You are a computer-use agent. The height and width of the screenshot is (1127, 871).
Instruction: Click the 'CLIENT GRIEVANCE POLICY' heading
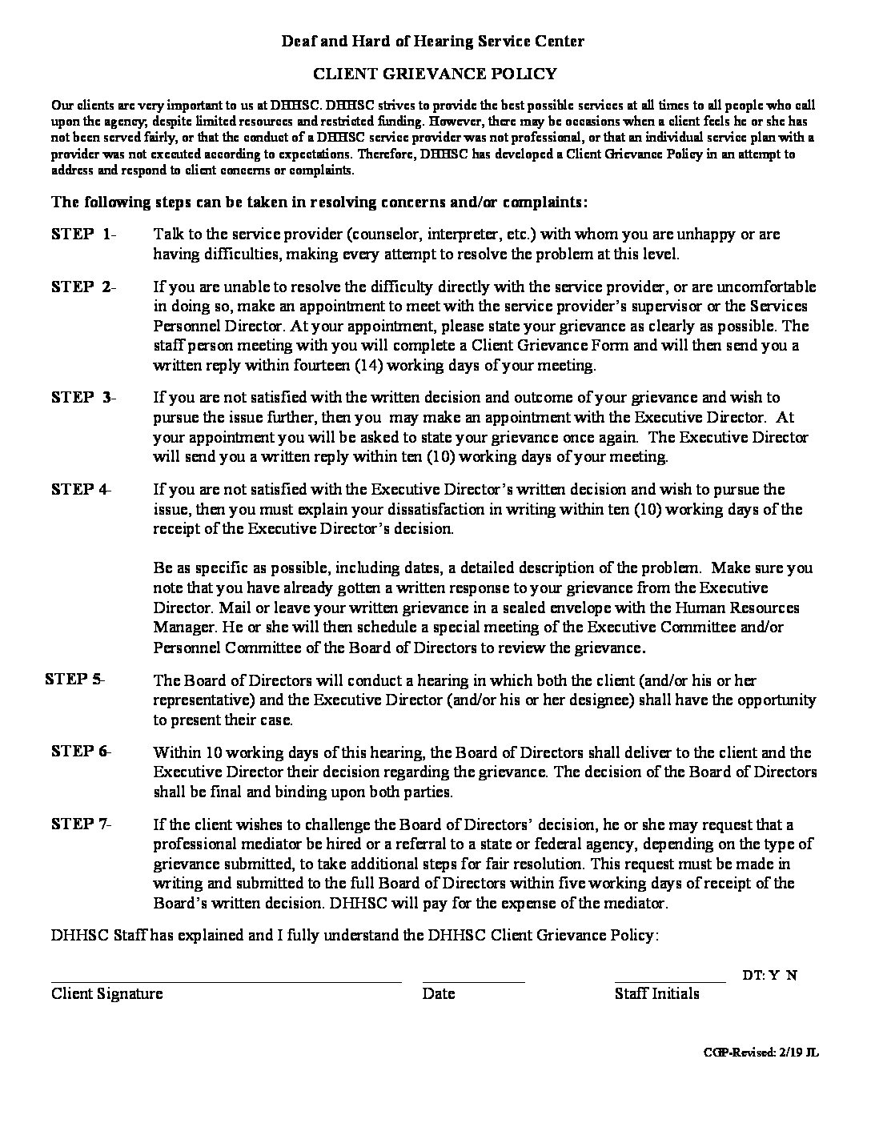[x=434, y=74]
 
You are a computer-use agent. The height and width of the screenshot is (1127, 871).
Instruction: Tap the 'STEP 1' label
[x=82, y=235]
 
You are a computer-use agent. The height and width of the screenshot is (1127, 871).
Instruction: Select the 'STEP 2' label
[x=82, y=287]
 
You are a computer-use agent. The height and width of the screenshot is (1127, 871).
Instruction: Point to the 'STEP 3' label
[x=82, y=397]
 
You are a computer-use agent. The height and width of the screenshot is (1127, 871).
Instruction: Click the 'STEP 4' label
[x=81, y=489]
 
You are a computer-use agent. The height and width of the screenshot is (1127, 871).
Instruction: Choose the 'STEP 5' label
[x=74, y=679]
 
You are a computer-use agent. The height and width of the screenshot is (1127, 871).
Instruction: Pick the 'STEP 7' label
[x=81, y=824]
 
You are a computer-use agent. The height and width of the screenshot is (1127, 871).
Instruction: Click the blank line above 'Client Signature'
[x=226, y=981]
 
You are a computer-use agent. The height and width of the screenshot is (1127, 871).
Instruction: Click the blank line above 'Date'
[x=473, y=981]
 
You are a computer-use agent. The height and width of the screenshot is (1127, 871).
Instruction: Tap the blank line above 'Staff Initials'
[x=669, y=981]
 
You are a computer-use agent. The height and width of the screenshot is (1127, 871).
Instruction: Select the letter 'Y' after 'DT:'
[x=774, y=975]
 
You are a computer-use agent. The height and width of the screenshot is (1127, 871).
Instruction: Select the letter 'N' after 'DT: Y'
[x=791, y=975]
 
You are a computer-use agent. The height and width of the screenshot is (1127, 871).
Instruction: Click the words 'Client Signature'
[x=107, y=994]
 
